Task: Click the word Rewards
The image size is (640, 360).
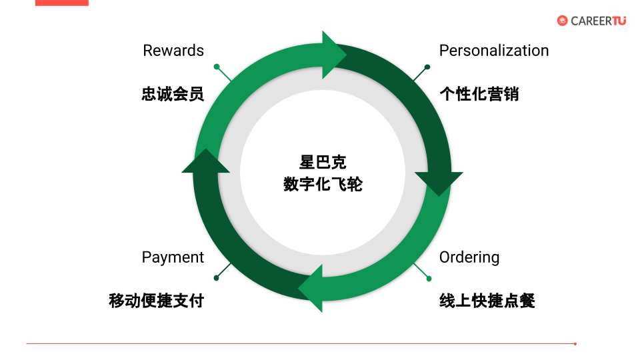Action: point(173,51)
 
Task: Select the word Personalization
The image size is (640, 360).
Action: point(493,51)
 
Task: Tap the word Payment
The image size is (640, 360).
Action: point(173,257)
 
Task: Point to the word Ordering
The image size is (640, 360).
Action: point(469,257)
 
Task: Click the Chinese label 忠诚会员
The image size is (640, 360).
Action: point(172,94)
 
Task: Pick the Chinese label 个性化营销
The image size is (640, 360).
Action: point(479,94)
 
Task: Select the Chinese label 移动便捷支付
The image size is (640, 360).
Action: point(156,301)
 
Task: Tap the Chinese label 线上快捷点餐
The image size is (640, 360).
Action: point(487,301)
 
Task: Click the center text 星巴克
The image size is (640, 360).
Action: point(323,163)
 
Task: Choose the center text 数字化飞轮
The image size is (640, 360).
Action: point(323,184)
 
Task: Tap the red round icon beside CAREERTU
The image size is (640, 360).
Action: point(562,21)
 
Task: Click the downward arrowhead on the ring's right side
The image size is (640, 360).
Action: point(439,183)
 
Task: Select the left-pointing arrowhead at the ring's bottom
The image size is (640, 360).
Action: point(311,288)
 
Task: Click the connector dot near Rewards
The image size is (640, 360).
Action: point(217,67)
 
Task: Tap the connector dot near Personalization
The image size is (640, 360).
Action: point(427,67)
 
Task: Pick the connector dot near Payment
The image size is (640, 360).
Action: point(217,277)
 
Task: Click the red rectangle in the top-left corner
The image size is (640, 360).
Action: point(61,3)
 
